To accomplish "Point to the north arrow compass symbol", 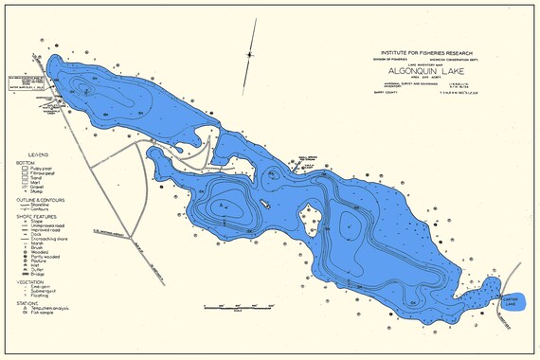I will pyautogui.click(x=250, y=55).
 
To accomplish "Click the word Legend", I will pyautogui.click(x=38, y=153).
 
